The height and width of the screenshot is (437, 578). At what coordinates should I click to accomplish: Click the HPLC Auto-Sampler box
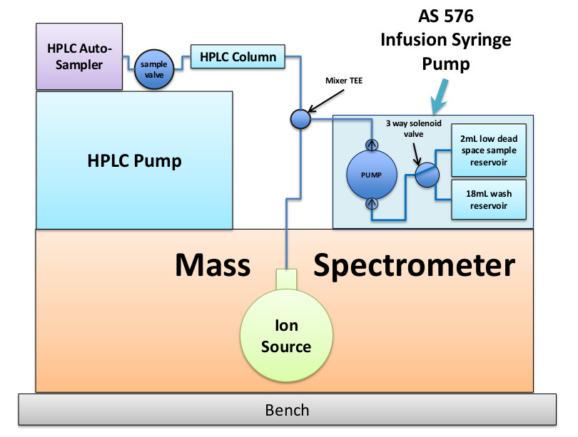coord(79,56)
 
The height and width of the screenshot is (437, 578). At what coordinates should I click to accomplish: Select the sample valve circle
coord(153,69)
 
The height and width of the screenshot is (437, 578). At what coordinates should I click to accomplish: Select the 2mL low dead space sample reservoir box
coord(490,150)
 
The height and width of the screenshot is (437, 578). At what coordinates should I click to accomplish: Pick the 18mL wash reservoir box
coord(490,199)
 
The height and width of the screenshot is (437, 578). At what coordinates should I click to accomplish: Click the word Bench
coord(287,410)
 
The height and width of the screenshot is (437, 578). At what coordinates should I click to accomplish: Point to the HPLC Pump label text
coord(134,160)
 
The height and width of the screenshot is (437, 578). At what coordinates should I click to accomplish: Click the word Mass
coord(213,265)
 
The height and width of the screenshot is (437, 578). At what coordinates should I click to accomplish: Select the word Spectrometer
coord(413,266)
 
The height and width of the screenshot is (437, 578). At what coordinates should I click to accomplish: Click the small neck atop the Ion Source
coord(286,278)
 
